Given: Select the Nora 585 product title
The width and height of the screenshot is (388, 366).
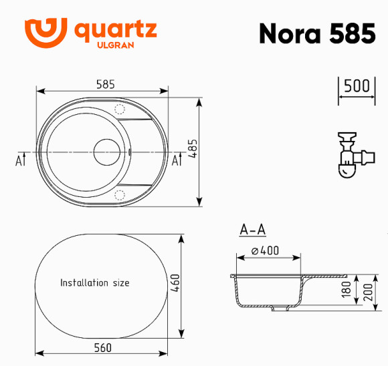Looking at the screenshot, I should [317, 34].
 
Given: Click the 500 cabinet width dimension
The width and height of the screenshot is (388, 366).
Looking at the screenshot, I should [357, 87].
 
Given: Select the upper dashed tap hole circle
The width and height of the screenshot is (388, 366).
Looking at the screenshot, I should [120, 109].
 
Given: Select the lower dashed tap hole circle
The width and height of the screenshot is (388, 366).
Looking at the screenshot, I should [120, 194].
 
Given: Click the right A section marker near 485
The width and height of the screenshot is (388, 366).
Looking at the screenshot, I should [177, 160].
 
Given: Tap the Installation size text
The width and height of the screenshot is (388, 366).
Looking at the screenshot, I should [94, 283].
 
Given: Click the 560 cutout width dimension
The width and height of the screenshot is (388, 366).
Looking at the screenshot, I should [102, 347].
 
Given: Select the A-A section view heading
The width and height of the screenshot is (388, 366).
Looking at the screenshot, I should [253, 230].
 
